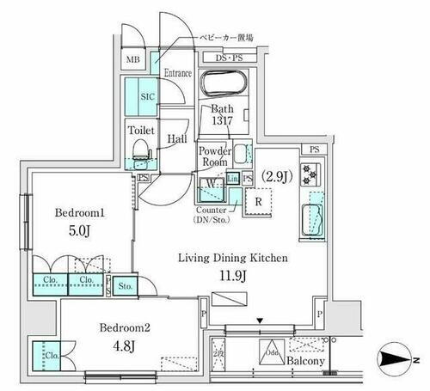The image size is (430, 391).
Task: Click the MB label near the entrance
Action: (133, 59)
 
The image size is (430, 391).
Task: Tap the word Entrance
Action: (177, 72)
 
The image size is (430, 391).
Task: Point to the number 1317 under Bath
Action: (225, 122)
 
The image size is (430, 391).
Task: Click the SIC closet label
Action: (145, 97)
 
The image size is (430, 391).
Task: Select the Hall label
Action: (178, 137)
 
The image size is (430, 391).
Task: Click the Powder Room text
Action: (215, 156)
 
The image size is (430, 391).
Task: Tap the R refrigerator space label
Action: (259, 203)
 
